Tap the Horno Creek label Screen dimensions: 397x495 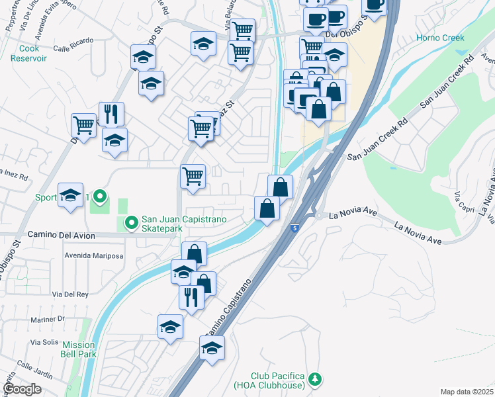440,38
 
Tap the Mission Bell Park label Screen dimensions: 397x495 79,349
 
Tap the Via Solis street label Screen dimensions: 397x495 44,342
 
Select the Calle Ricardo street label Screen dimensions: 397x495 71,48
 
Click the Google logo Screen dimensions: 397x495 22,389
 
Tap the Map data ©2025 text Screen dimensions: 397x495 467,392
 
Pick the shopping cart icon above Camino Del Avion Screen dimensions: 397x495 193,177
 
